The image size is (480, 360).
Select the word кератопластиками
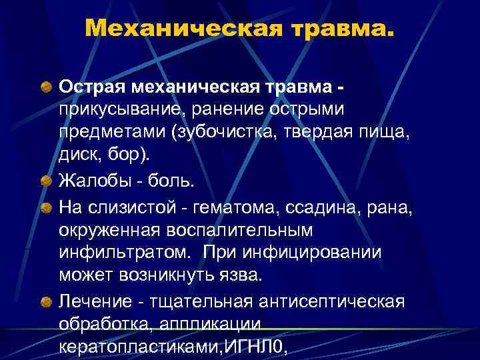(x=137, y=345)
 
